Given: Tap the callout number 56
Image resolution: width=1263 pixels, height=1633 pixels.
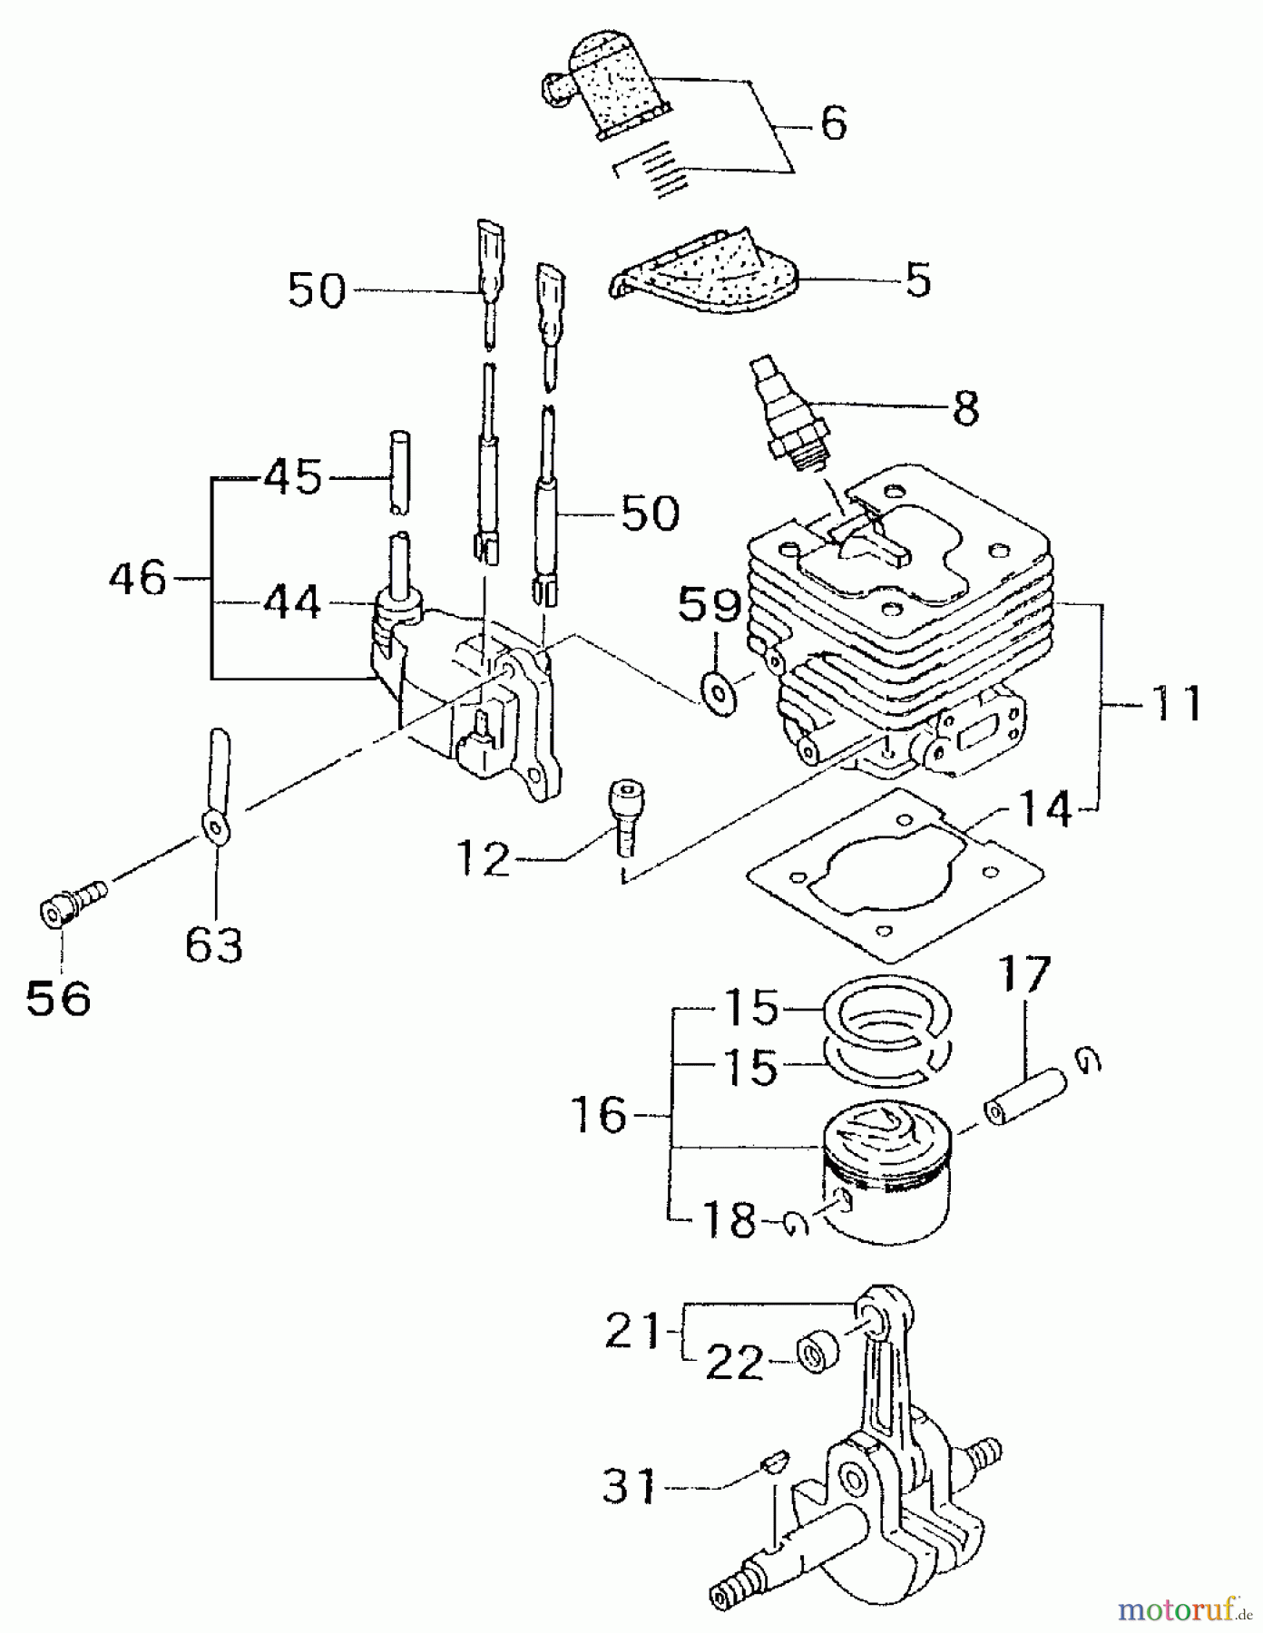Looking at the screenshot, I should [x=58, y=999].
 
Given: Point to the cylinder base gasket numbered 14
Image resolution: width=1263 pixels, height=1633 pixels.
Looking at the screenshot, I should [x=894, y=871].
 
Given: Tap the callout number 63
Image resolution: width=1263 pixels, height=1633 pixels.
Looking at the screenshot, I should [x=214, y=945].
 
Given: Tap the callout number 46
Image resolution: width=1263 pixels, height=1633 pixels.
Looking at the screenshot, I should [x=138, y=578].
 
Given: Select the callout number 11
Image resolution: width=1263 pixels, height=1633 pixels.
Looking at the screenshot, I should [x=1174, y=703].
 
